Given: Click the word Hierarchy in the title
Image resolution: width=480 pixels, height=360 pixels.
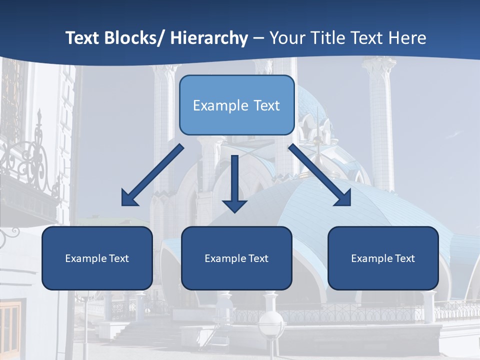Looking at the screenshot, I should click(209, 38).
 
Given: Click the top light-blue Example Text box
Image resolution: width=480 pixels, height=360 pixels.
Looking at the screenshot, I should click(236, 105).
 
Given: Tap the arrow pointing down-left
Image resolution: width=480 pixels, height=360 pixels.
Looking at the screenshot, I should click(152, 175).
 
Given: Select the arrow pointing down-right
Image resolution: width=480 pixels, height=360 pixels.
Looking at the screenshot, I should click(320, 175).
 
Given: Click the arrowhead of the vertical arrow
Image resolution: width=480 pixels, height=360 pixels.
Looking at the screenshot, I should click(234, 205).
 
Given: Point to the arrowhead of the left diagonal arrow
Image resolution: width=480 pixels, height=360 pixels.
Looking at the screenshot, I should click(129, 198).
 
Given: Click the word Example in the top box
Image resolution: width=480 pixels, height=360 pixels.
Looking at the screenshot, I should click(213, 105).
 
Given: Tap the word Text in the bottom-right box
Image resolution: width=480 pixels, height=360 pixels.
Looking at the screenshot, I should click(405, 258).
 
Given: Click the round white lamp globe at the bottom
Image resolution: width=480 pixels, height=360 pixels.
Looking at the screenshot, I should click(271, 325).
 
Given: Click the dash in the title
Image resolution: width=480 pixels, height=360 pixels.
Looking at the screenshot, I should click(258, 38).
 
